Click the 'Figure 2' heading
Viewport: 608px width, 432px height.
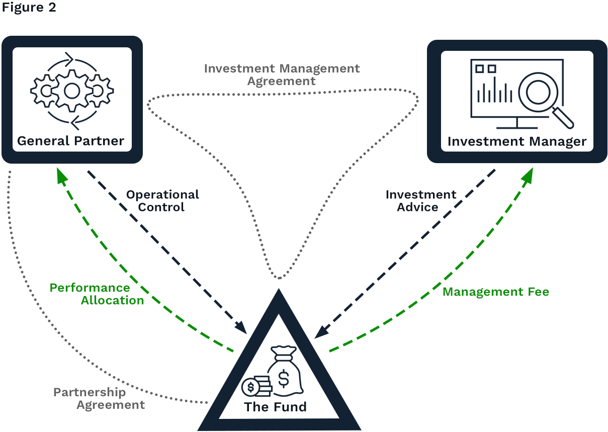[29, 9]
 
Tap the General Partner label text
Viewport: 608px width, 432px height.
[70, 140]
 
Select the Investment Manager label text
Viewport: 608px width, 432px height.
[517, 141]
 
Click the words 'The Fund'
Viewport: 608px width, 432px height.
[276, 407]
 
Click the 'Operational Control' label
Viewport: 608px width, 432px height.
[162, 201]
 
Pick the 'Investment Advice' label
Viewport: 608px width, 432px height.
[420, 201]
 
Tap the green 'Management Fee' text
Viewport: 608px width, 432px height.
[495, 292]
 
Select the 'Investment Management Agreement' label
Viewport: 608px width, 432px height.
[282, 75]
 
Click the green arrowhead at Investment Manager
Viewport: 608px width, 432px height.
[529, 174]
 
